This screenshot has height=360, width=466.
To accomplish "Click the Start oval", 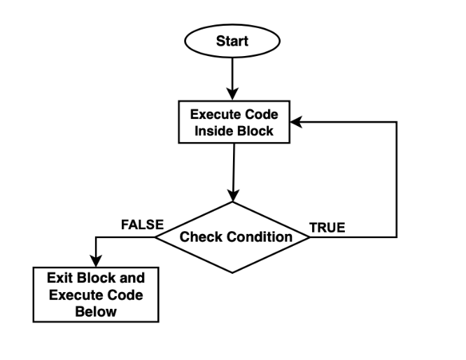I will coord(232,41).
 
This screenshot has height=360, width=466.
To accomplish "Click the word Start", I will coord(232,41).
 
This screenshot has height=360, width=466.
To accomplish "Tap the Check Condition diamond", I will coord(232,237).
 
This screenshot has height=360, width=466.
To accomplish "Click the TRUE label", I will coord(327,228).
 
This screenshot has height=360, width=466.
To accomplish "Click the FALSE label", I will coord(142,225).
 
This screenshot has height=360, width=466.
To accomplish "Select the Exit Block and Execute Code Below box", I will coord(95,294).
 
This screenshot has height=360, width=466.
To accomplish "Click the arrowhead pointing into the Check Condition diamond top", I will coord(232,196).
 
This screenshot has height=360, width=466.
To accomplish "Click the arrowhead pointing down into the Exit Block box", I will coord(95,261).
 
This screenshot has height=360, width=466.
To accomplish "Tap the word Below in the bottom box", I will coord(95,311).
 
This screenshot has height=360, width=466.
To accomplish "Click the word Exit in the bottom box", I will coord(60,277).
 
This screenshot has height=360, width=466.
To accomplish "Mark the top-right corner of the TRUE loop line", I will coord(397,122).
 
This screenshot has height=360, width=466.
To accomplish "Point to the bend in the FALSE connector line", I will coord(95,237).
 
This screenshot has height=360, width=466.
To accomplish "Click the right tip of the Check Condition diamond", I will coord(310,237).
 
